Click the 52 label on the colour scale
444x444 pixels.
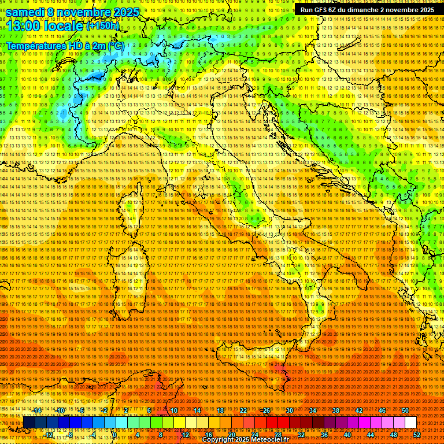point(417,435)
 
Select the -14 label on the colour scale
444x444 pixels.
point(37,410)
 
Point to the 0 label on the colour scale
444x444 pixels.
point(115,435)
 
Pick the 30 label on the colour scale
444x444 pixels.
point(290,410)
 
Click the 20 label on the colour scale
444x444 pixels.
point(231,435)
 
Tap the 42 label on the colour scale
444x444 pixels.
point(359,410)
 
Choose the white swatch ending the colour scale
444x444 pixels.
point(410,423)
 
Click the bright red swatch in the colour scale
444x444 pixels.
point(272,423)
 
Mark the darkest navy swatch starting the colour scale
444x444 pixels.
point(29,423)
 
